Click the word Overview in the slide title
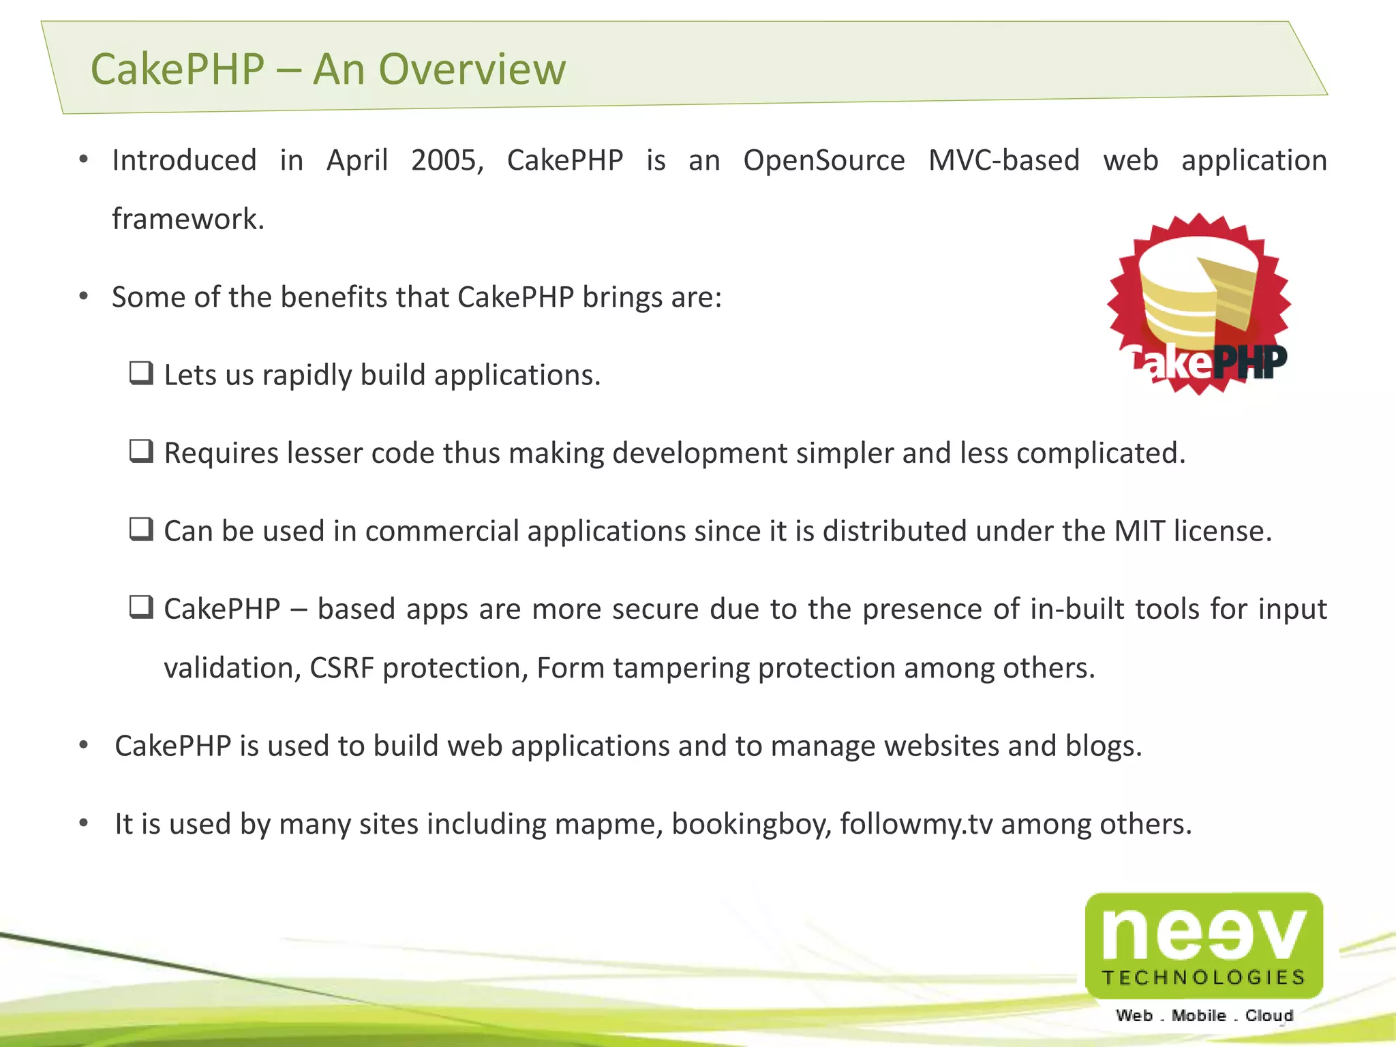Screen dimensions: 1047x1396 [472, 70]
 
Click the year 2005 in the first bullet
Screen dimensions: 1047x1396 [446, 161]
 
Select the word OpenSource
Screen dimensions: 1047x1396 [823, 161]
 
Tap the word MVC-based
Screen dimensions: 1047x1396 [1003, 161]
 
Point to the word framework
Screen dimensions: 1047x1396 [187, 219]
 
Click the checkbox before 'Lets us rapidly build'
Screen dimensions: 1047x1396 [141, 374]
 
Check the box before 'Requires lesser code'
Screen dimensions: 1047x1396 [141, 451]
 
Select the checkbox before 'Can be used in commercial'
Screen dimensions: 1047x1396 [141, 529]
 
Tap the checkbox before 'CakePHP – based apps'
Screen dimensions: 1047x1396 [141, 607]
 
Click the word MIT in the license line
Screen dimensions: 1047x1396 [1139, 531]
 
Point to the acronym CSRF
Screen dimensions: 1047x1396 [342, 668]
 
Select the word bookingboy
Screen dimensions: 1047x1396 [751, 825]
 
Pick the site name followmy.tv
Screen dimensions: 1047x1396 [916, 825]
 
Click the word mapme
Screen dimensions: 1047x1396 [609, 825]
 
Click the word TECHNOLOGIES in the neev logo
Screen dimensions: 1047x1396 [1204, 978]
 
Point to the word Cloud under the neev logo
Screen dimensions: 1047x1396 [1269, 1016]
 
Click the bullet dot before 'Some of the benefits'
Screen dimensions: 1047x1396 [84, 297]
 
